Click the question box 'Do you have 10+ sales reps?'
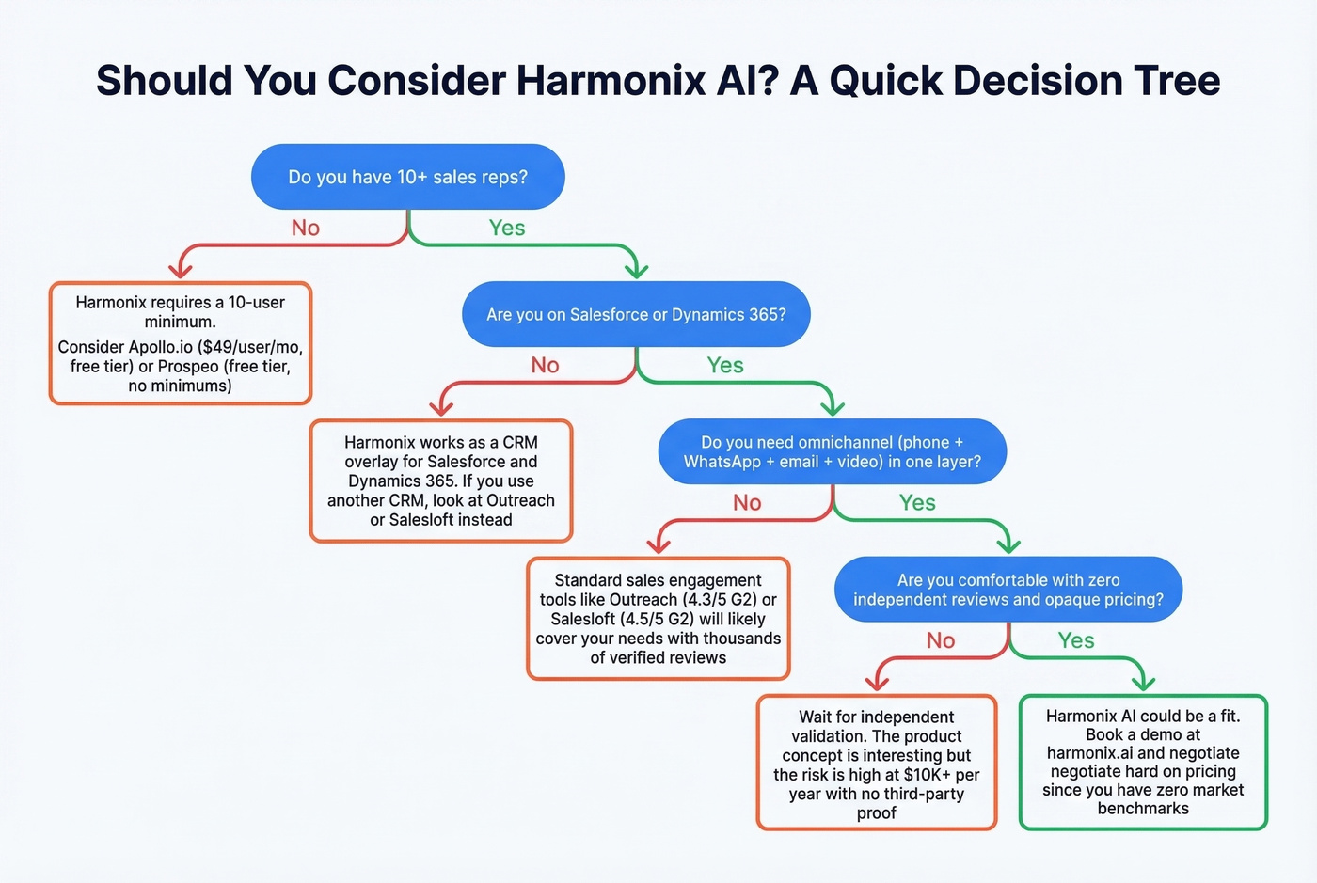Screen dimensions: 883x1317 [x=407, y=177]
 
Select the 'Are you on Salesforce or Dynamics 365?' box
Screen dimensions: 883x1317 [x=636, y=314]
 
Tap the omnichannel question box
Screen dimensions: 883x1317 [x=832, y=451]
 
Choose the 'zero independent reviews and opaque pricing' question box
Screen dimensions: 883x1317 [x=1008, y=590]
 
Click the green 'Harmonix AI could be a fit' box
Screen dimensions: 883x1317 [x=1143, y=762]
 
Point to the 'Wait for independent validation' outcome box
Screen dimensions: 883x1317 [x=876, y=764]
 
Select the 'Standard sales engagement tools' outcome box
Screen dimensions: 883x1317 [x=658, y=619]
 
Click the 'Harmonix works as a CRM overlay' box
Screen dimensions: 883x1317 [x=440, y=481]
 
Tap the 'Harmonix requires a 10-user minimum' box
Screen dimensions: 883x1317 [x=180, y=343]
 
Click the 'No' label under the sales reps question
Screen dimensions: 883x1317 [x=306, y=228]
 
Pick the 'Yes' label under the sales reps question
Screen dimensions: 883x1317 [x=506, y=228]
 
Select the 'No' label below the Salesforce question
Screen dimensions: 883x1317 [x=545, y=365]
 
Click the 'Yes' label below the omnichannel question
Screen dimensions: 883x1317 [x=916, y=503]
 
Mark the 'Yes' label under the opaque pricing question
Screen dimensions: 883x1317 [x=1075, y=640]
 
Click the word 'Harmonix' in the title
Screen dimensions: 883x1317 [x=611, y=80]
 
